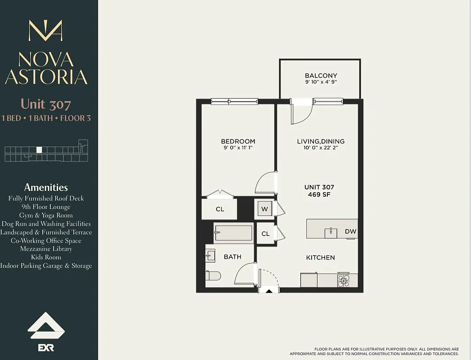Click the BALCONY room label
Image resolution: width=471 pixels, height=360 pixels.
coord(321,76)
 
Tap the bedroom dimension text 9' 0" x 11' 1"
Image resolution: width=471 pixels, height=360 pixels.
coord(238,148)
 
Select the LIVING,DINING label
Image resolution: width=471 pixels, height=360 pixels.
coord(321,141)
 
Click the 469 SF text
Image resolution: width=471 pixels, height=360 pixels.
coord(319,194)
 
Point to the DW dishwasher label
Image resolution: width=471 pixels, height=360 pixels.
coord(350,231)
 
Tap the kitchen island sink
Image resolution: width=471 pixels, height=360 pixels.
coord(331,232)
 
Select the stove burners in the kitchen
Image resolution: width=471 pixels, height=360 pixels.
coord(343,280)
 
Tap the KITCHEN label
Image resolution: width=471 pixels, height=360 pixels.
coord(320,257)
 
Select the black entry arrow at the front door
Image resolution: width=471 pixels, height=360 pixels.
coord(269,291)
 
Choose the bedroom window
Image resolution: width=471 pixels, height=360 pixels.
coord(234,102)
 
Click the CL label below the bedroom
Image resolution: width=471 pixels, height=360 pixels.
coord(219,209)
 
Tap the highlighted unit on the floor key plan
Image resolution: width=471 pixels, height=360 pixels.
coord(39,150)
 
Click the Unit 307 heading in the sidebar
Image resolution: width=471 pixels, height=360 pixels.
coord(46,104)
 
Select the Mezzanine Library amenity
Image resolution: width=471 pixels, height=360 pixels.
coord(46,249)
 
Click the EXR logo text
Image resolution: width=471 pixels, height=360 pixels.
coord(46,347)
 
